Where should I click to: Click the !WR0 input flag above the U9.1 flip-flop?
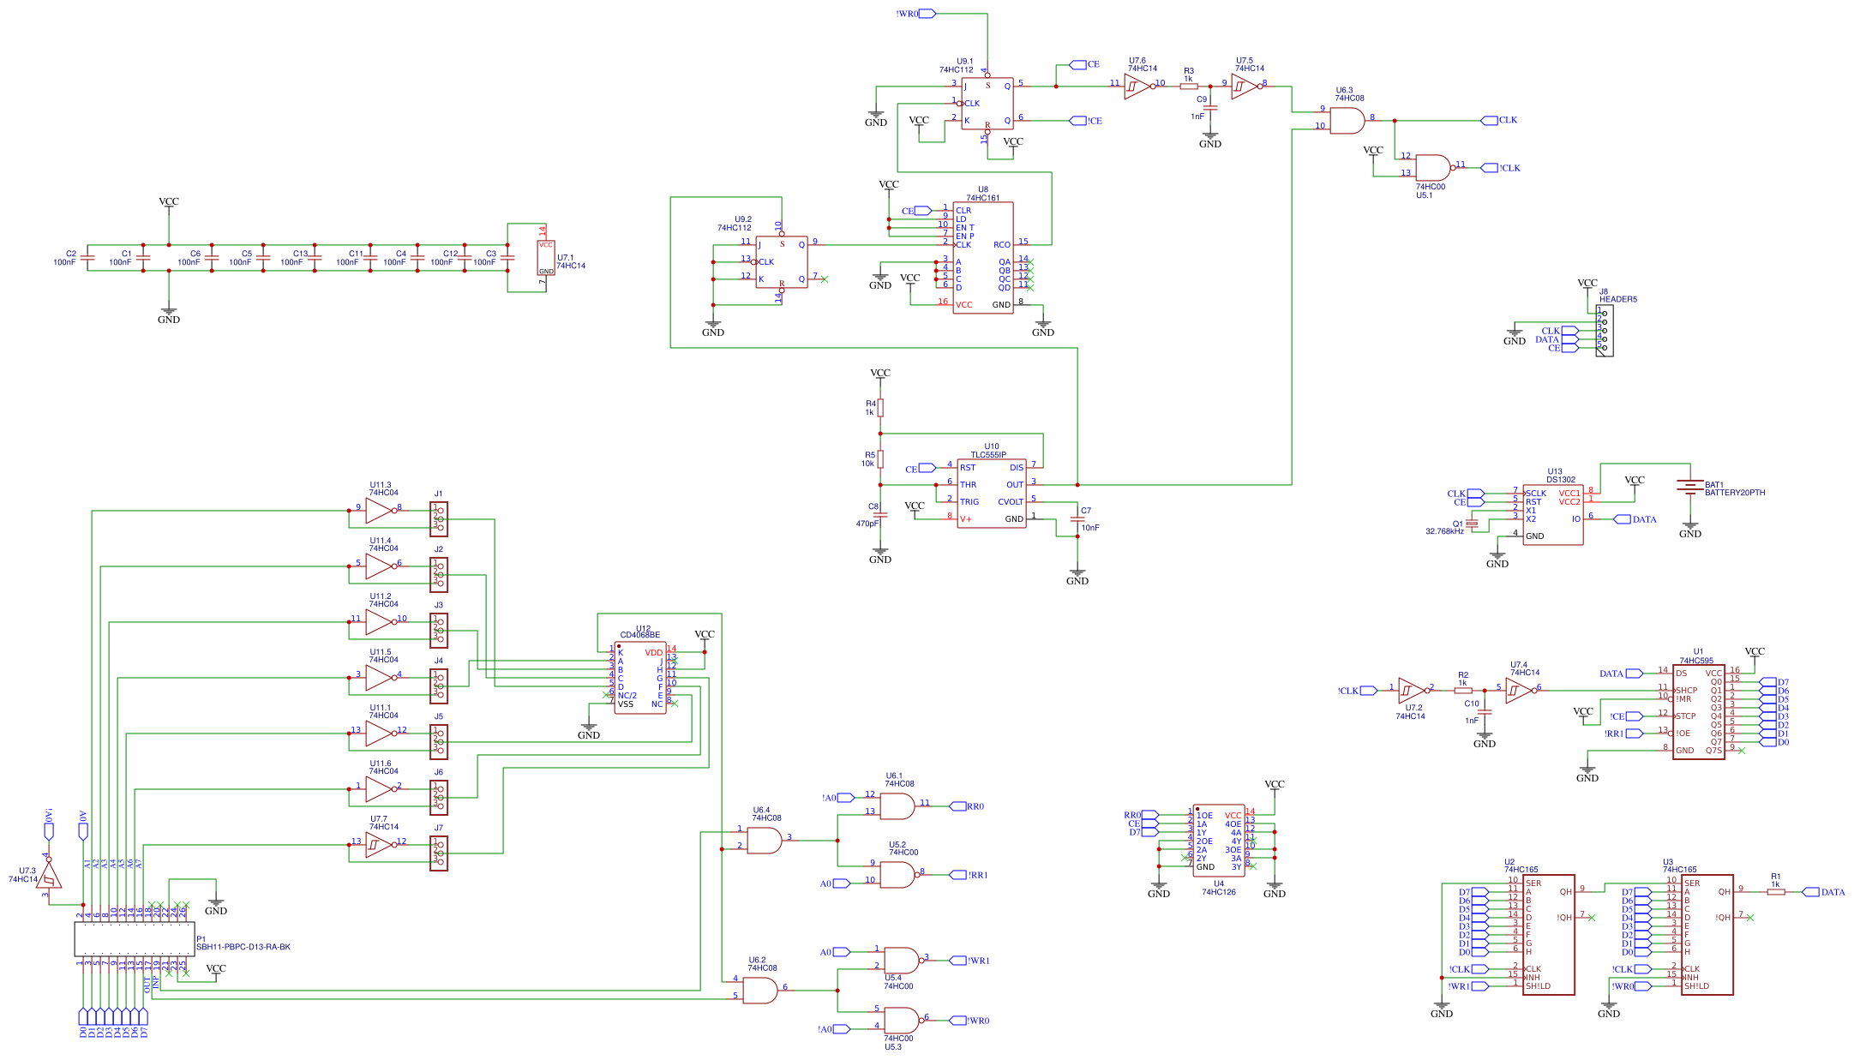click(926, 14)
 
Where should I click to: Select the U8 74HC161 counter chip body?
click(982, 258)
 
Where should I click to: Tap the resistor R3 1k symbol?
click(1189, 86)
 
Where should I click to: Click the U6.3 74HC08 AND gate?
click(1347, 121)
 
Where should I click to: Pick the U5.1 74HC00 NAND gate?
click(1432, 168)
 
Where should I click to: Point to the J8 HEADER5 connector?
click(1604, 331)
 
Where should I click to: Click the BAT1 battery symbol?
click(1689, 487)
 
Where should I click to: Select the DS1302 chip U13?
click(1552, 514)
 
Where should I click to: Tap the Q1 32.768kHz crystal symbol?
click(1472, 524)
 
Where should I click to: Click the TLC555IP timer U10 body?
click(991, 494)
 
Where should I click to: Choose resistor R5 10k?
click(880, 459)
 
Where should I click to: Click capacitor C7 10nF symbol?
click(1077, 519)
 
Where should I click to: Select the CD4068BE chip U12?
click(640, 678)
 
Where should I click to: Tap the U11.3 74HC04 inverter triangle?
click(379, 512)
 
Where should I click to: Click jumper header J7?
click(439, 853)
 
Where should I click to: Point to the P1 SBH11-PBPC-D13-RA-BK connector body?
click(135, 939)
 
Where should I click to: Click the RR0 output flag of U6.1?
click(958, 806)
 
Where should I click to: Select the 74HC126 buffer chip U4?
click(1218, 841)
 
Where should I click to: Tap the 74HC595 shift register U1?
click(1698, 712)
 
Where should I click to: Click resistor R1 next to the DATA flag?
click(1776, 892)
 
